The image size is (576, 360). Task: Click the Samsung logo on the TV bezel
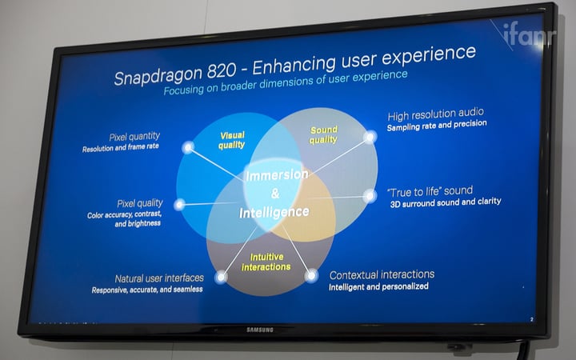260,330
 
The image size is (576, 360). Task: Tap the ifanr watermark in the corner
530,34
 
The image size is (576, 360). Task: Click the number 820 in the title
221,70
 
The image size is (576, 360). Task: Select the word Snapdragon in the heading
158,75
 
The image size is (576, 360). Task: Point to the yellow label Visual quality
232,140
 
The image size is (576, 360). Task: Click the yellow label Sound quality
323,135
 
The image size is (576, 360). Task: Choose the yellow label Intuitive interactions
266,262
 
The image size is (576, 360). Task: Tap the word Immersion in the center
277,175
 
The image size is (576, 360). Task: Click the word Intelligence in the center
274,212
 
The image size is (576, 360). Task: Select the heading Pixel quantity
134,137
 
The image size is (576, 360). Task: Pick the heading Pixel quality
140,203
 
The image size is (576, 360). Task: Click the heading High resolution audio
436,114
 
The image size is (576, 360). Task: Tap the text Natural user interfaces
159,278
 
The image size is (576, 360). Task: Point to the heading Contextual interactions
382,274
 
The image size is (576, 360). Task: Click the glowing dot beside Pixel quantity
188,148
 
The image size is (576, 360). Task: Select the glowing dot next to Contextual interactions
311,275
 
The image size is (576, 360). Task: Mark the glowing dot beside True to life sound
370,196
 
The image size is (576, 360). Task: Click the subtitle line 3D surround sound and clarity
446,202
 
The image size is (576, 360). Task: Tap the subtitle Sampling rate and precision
437,126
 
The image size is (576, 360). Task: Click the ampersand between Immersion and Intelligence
275,194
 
